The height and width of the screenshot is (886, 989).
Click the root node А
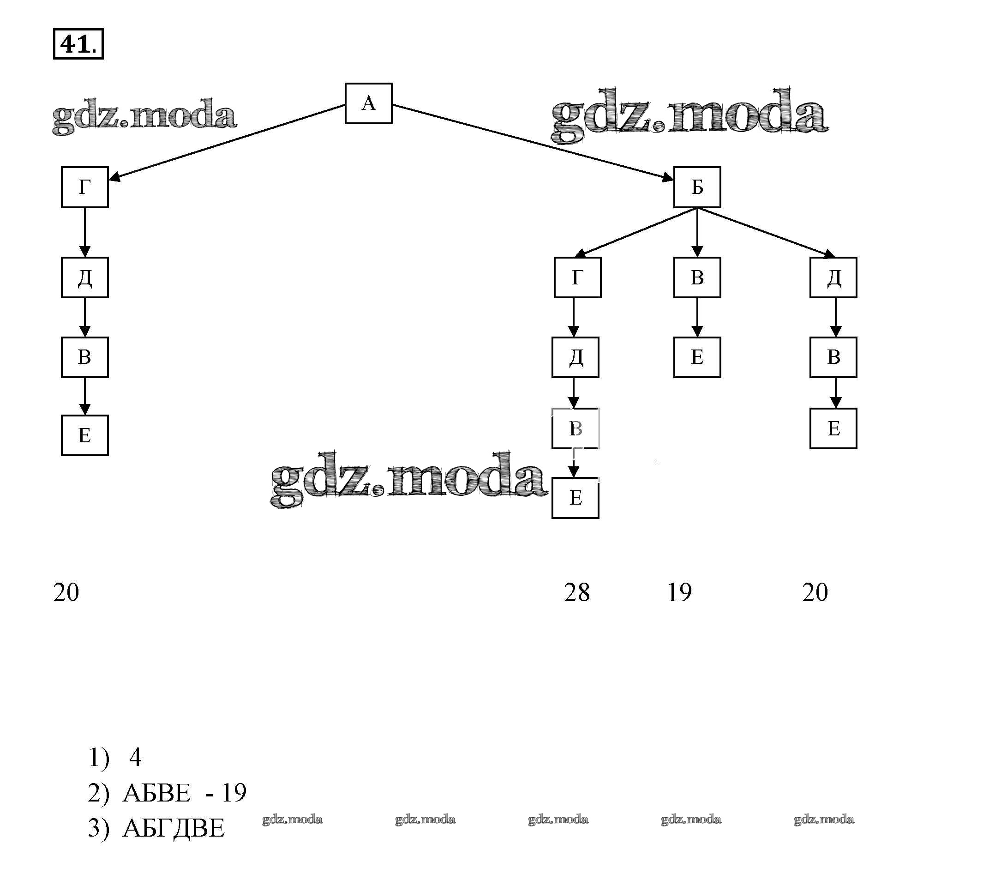(x=368, y=103)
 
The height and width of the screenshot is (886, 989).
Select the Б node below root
(x=696, y=187)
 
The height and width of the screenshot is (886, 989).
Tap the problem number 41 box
(x=78, y=44)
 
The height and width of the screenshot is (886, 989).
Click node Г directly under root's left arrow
(x=84, y=187)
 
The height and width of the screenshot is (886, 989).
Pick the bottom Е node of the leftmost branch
(x=84, y=435)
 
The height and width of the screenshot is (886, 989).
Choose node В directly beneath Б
(x=696, y=277)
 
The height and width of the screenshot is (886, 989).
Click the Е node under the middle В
(x=696, y=357)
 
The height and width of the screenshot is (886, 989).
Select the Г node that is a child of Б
(x=577, y=277)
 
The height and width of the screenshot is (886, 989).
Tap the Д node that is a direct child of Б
(x=833, y=277)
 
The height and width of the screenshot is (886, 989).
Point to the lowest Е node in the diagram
(x=575, y=498)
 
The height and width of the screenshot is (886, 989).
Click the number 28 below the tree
(x=576, y=592)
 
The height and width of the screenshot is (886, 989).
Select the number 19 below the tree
(x=679, y=592)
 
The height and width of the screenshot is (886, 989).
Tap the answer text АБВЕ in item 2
(x=156, y=793)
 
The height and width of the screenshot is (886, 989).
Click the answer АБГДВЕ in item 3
(x=174, y=828)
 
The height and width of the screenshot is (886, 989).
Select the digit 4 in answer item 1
(x=135, y=758)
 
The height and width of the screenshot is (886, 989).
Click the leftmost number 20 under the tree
(x=66, y=592)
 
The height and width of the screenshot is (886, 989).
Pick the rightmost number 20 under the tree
(x=815, y=592)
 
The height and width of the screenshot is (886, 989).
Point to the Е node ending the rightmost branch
(x=833, y=428)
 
